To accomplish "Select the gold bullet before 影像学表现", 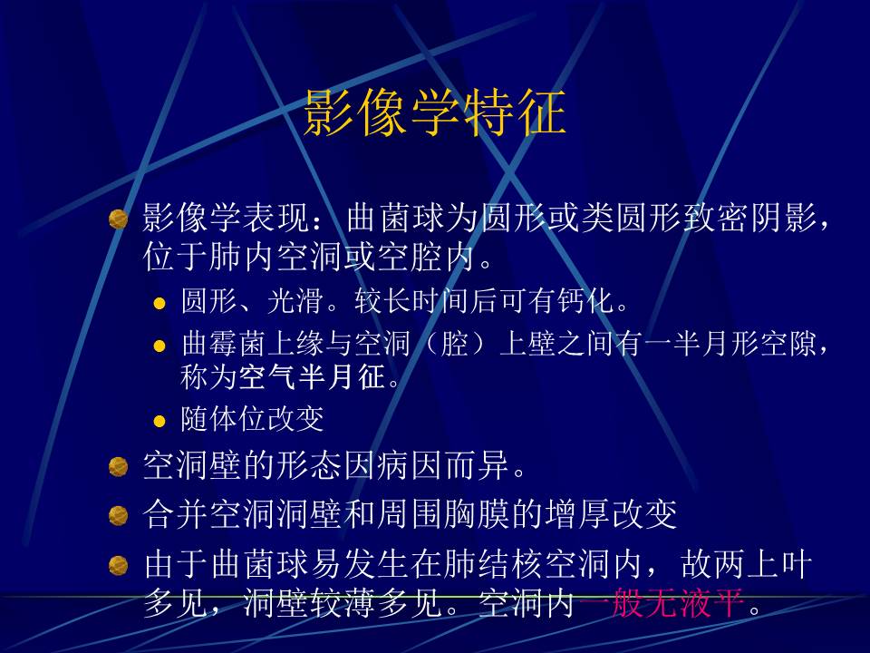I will click(x=118, y=220).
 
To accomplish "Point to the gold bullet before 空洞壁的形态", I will click(x=118, y=468).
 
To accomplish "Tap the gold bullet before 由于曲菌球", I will click(x=118, y=567).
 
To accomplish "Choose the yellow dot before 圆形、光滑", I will click(x=159, y=303).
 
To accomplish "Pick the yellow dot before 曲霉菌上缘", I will click(x=159, y=346).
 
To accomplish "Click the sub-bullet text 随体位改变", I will click(x=252, y=420).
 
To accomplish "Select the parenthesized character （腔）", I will click(x=443, y=345).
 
